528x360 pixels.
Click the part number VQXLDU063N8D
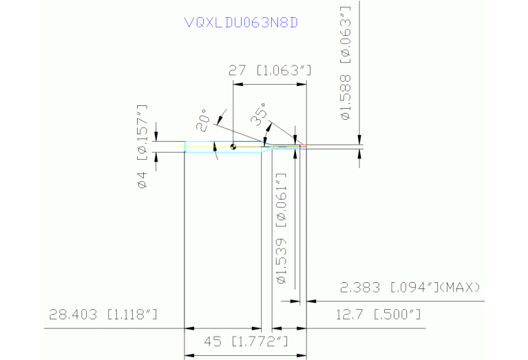(x=241, y=22)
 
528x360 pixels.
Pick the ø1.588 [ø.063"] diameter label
(x=347, y=63)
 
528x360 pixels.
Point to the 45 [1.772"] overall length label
(x=246, y=341)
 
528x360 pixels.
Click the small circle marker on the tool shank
(x=234, y=145)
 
